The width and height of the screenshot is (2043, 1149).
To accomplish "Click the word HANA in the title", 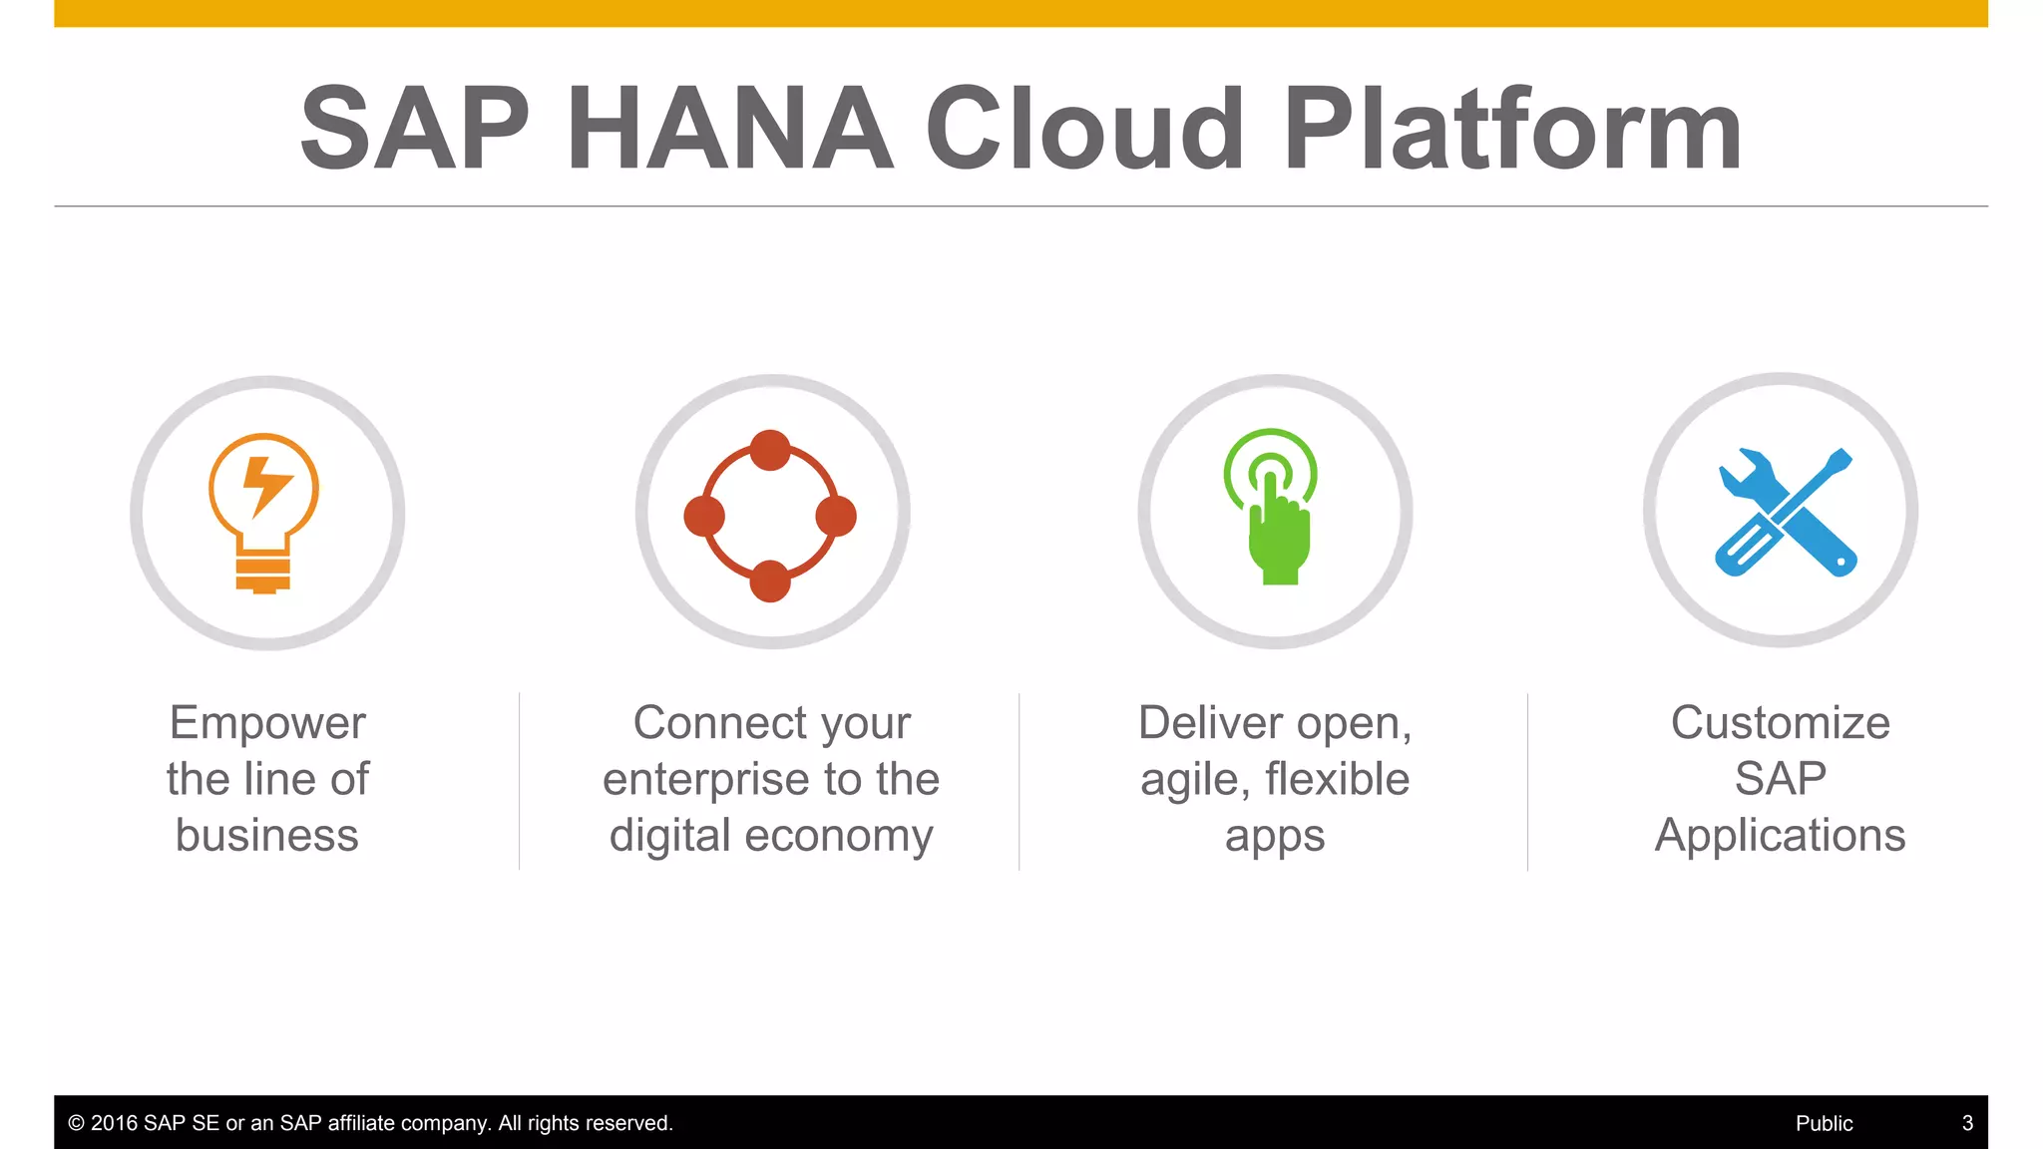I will tap(729, 129).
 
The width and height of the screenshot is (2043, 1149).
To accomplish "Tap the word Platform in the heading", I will tap(1512, 129).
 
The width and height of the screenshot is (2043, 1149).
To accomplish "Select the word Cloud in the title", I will tap(1084, 129).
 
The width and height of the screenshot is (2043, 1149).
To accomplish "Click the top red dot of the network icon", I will tap(770, 451).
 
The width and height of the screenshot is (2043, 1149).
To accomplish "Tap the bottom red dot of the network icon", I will tap(770, 580).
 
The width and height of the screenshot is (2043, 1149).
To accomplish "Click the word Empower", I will tap(267, 723).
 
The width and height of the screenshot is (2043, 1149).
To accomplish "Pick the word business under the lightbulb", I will tap(267, 836).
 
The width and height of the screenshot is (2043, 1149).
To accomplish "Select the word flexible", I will tap(1338, 780).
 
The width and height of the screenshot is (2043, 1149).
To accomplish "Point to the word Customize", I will tap(1781, 723).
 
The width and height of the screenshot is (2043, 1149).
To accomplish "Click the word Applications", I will tap(1781, 836).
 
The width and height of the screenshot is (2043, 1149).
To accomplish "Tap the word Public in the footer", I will tap(1824, 1123).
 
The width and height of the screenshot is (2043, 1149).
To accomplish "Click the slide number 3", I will tap(1967, 1123).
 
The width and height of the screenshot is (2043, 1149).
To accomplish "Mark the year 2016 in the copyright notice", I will tap(114, 1123).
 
